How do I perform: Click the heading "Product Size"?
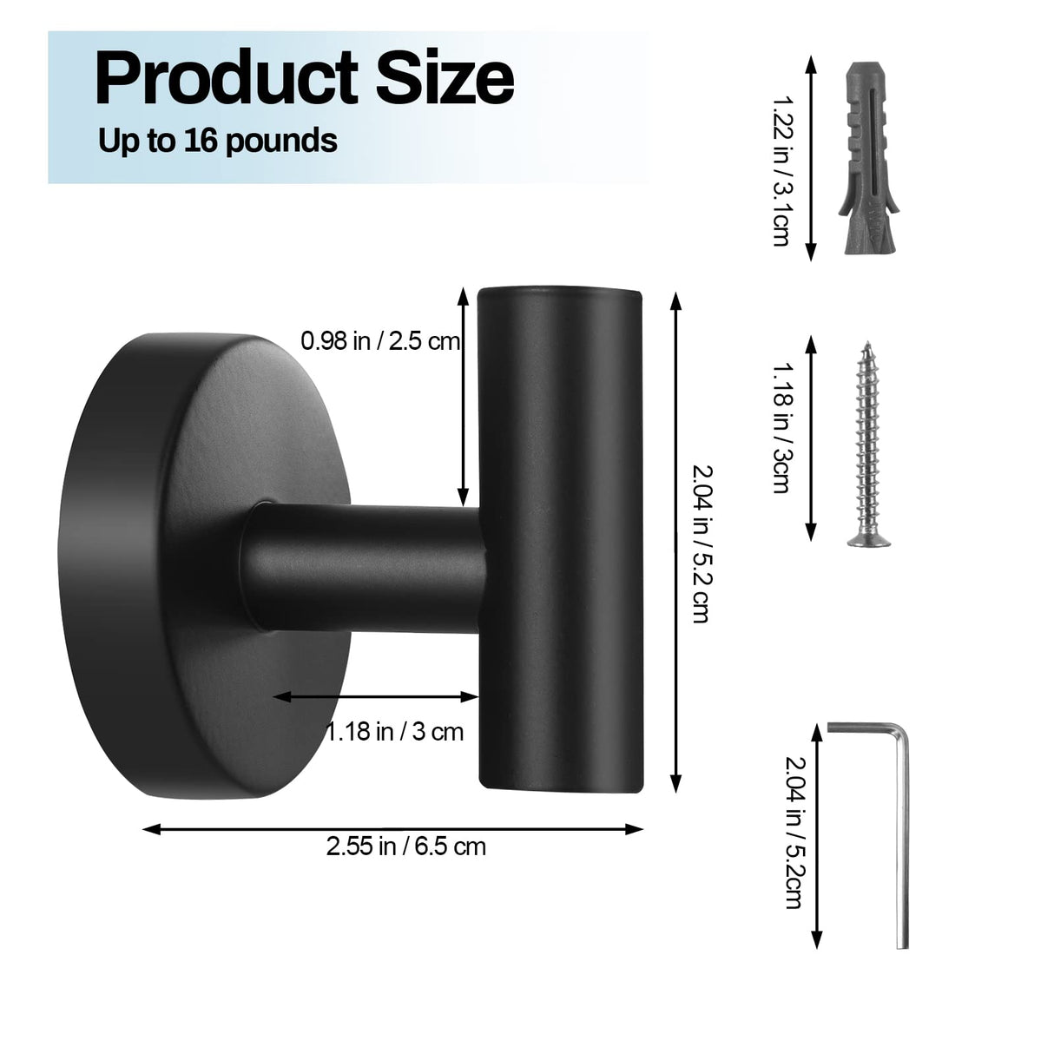pos(304,78)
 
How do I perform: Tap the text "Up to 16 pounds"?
pos(217,140)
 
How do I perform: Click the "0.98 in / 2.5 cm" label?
pos(380,341)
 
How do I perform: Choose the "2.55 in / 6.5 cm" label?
pos(405,846)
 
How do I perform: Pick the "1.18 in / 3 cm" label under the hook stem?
pos(395,732)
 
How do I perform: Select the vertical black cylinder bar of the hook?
pos(561,538)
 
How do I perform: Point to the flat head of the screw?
pos(868,539)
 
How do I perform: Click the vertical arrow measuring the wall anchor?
pos(811,159)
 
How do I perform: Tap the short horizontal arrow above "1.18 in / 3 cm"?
pos(377,696)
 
